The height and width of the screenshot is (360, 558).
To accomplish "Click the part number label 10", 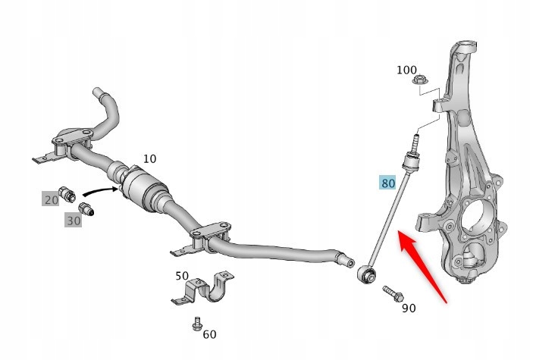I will (x=150, y=159).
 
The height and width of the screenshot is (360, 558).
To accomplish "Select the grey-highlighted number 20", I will (x=51, y=200).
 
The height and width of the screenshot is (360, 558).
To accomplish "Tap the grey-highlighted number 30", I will (x=73, y=220).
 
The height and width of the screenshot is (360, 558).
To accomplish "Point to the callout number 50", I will (x=182, y=276).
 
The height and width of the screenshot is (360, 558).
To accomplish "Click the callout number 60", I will (x=209, y=334).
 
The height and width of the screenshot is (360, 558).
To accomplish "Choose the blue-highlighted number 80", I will (x=388, y=183).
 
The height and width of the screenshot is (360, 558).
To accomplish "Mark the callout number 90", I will (x=409, y=308).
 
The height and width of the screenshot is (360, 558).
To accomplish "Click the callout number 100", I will (x=407, y=70).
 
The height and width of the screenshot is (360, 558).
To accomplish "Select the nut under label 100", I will (x=416, y=82).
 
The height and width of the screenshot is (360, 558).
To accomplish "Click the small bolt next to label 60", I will (x=196, y=325).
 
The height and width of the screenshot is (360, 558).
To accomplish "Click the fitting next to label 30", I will (x=86, y=209).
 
